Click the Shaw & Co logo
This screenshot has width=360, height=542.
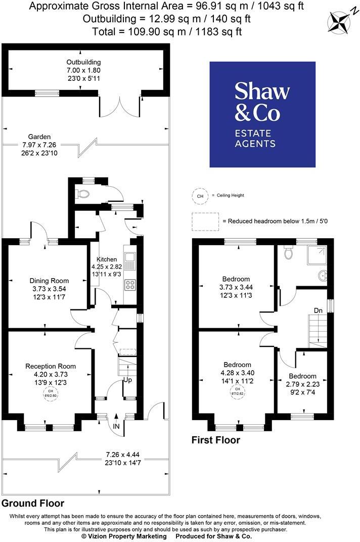(262, 114)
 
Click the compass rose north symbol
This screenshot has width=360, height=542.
(339, 21)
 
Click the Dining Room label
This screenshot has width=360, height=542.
(49, 281)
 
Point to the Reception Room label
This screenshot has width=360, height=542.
(51, 366)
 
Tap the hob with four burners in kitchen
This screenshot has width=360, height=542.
(130, 285)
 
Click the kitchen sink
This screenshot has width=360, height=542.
(130, 261)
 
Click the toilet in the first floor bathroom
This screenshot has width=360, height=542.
(289, 253)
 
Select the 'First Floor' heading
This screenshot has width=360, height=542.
(215, 440)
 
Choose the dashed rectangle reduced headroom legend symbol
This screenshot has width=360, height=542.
(204, 221)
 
